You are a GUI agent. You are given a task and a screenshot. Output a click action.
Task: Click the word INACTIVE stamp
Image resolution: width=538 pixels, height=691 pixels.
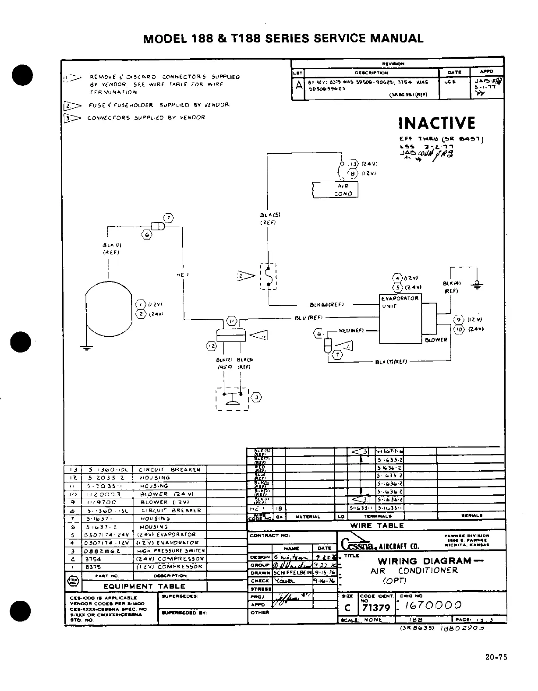pos(437,123)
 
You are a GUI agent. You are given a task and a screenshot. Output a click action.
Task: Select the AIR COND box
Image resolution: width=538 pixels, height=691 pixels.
pos(336,190)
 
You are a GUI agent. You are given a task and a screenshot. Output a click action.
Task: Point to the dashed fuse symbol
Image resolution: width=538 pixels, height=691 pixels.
pos(268,277)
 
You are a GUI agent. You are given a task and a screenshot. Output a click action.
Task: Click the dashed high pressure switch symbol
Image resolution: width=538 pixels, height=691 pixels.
pos(232,398)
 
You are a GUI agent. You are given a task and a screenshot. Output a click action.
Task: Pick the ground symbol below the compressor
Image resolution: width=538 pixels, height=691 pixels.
pos(86,348)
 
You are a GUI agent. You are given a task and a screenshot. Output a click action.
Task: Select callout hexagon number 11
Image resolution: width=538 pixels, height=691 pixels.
pos(232,321)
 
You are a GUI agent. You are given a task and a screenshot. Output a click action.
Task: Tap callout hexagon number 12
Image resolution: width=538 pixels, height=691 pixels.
pos(212,346)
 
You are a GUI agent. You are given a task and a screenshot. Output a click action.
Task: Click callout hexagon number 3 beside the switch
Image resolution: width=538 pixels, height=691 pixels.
pos(257,398)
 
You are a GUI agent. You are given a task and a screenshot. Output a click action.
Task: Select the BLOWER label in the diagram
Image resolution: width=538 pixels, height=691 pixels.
pos(436,340)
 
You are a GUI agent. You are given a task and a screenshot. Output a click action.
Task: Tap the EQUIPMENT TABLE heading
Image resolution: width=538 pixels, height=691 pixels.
pos(144,586)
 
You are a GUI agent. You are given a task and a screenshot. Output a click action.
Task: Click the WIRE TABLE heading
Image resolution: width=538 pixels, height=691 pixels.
pos(377,525)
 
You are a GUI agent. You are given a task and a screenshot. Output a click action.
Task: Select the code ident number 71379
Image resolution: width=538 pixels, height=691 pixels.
pos(376,608)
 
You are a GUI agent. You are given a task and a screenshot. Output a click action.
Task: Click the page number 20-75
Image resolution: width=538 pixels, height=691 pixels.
pos(496,657)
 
